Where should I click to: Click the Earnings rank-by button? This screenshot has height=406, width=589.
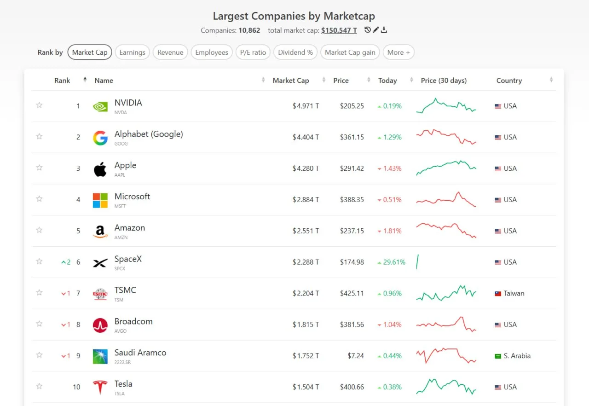click(132, 52)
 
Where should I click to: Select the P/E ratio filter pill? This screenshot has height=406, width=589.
click(253, 52)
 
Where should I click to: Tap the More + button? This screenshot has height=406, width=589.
click(398, 52)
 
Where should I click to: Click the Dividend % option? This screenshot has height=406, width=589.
click(295, 52)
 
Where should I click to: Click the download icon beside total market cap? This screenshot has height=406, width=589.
click(384, 30)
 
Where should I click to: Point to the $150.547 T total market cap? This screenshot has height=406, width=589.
click(339, 30)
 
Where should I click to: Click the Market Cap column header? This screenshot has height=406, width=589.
click(291, 81)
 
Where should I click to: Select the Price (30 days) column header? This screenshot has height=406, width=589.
click(444, 81)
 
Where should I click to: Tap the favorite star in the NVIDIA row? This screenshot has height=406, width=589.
click(39, 105)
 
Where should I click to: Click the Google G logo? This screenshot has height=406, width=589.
click(100, 138)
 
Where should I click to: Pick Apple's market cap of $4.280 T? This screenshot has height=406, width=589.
click(306, 168)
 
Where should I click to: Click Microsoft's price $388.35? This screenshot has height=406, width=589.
click(352, 200)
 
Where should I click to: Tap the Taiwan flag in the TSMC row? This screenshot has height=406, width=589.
click(498, 294)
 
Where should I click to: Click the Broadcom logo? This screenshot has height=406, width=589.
click(100, 325)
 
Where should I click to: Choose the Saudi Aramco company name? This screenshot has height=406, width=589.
click(140, 353)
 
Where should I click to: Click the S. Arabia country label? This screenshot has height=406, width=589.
click(517, 356)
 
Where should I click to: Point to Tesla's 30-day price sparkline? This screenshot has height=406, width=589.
click(446, 387)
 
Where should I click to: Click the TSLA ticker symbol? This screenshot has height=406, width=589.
click(119, 394)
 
